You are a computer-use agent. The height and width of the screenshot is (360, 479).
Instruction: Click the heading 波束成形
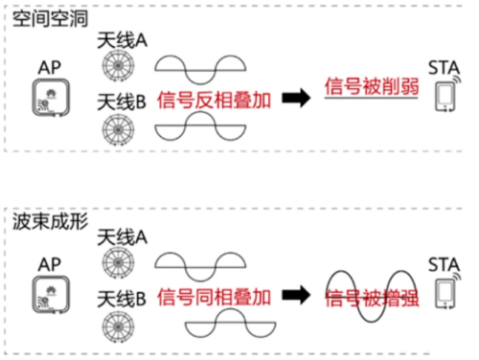[44, 219]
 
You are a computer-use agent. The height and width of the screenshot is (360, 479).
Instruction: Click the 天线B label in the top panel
[122, 101]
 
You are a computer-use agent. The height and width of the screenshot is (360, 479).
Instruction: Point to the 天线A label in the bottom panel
[122, 235]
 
